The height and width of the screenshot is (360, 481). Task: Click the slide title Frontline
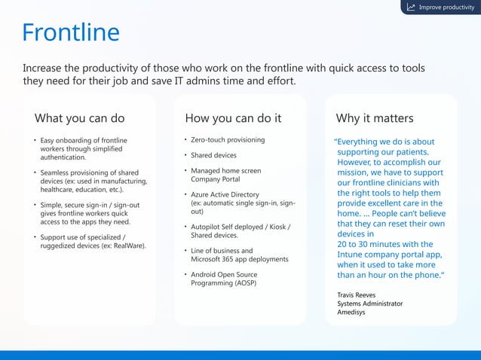pyautogui.click(x=71, y=32)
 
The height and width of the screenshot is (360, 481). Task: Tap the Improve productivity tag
pyautogui.click(x=446, y=8)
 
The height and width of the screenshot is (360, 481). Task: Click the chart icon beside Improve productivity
pyautogui.click(x=411, y=8)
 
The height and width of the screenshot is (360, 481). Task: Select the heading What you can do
pyautogui.click(x=79, y=118)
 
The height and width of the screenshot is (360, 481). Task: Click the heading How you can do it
pyautogui.click(x=233, y=118)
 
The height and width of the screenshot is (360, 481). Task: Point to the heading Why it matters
pyautogui.click(x=374, y=118)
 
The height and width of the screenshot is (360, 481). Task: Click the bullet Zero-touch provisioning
pyautogui.click(x=228, y=140)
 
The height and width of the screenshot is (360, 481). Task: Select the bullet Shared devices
pyautogui.click(x=213, y=155)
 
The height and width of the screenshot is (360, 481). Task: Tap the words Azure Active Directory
pyautogui.click(x=225, y=194)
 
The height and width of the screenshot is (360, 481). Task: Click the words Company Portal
pyautogui.click(x=216, y=179)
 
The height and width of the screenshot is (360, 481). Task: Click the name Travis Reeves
pyautogui.click(x=357, y=294)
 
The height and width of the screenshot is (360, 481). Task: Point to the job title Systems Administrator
pyautogui.click(x=369, y=304)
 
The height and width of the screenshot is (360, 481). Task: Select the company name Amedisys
pyautogui.click(x=351, y=313)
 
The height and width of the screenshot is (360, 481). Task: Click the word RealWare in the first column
pyautogui.click(x=129, y=246)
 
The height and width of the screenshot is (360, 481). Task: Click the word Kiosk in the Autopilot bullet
pyautogui.click(x=276, y=227)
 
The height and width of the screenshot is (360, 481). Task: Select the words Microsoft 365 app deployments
pyautogui.click(x=239, y=259)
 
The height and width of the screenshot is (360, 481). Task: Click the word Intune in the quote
pyautogui.click(x=351, y=255)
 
